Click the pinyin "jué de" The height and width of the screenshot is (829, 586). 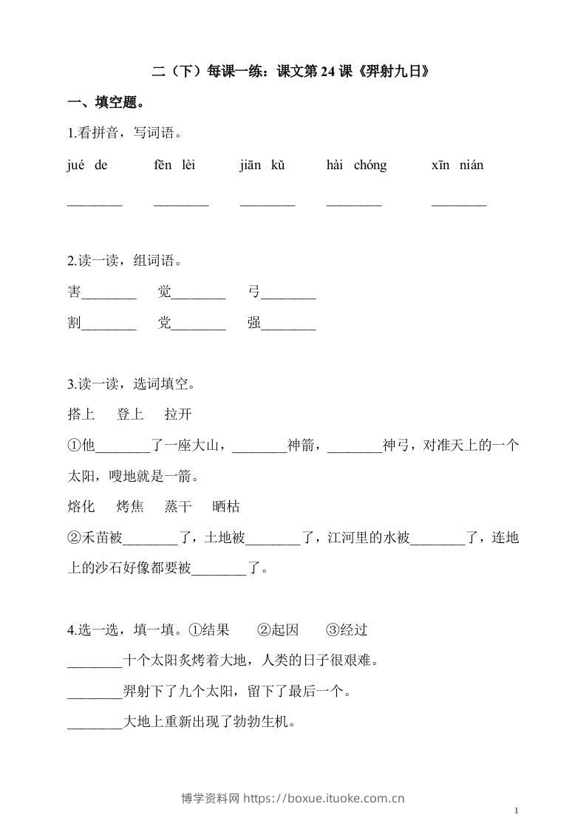tap(86, 166)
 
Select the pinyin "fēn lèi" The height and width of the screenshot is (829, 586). tap(174, 166)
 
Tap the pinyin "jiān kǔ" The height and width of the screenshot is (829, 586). tap(262, 166)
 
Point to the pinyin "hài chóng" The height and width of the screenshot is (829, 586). tap(356, 166)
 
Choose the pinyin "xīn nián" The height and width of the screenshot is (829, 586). tap(457, 166)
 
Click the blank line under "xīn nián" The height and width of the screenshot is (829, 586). tap(459, 203)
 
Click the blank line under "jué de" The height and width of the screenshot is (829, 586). tap(95, 203)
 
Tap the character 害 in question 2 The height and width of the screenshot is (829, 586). tap(74, 293)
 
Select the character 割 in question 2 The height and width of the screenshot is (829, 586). tap(74, 324)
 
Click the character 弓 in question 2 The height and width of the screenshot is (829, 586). tap(255, 293)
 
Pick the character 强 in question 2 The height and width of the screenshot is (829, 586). tap(255, 324)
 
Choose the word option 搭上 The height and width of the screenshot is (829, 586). tap(81, 414)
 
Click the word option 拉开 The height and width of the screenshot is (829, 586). tap(178, 414)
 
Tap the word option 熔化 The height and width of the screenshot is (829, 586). tap(81, 507)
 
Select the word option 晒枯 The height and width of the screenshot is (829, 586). tap(226, 507)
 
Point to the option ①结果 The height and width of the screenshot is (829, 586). tap(209, 630)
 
